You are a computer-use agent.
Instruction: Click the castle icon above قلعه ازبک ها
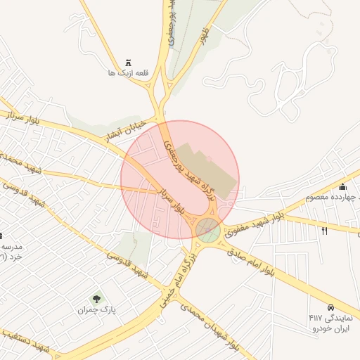click(x=128, y=62)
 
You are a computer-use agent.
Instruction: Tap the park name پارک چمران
click(x=96, y=309)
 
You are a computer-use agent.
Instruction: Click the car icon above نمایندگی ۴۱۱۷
click(x=330, y=307)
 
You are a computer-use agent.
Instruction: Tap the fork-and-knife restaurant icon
click(x=324, y=231)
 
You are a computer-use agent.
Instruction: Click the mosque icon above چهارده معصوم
click(x=342, y=186)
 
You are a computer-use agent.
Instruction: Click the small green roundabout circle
click(x=207, y=229)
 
